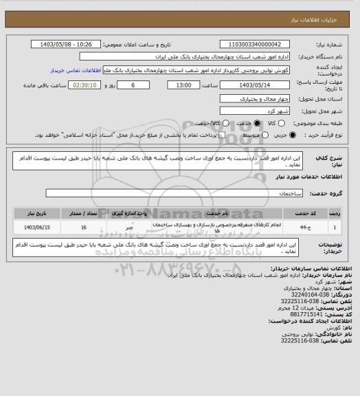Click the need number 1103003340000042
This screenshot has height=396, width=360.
[255, 44]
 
